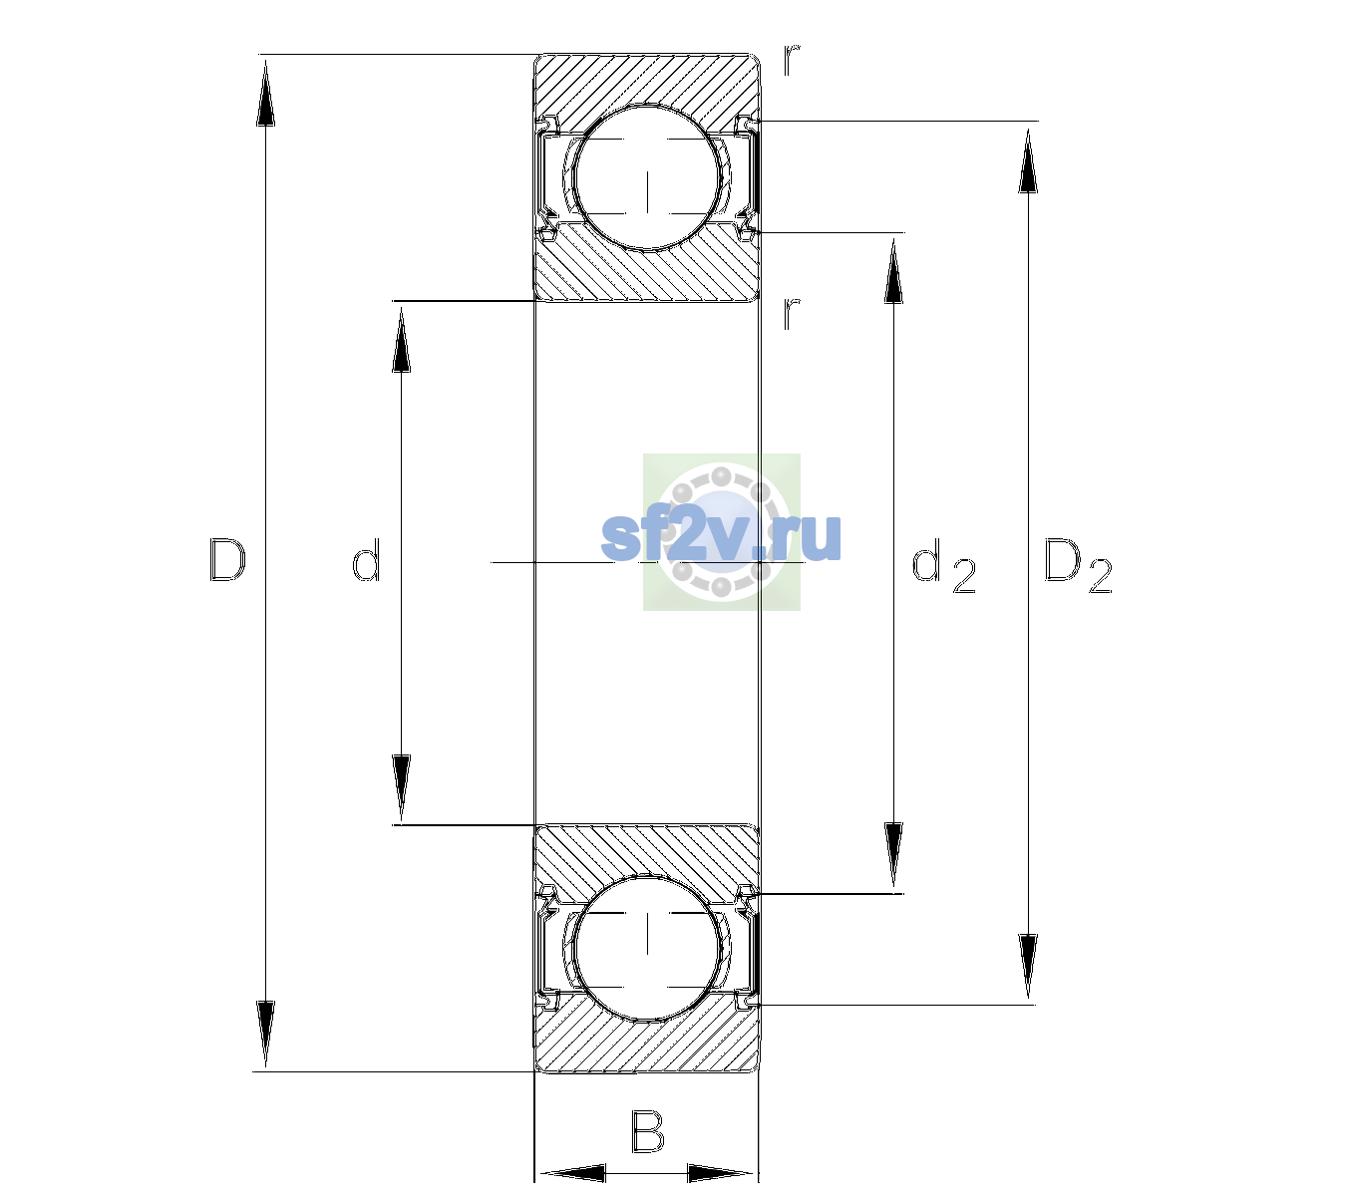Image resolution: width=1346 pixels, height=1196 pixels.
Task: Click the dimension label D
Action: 227,560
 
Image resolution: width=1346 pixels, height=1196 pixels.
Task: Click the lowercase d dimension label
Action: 366,560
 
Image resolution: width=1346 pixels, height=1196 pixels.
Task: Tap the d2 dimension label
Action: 944,565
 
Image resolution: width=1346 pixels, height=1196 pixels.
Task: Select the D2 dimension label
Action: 1078,565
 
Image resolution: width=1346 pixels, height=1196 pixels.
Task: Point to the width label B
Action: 647,1131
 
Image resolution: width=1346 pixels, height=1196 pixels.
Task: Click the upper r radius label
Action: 792,59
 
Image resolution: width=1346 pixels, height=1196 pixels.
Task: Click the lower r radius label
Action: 792,313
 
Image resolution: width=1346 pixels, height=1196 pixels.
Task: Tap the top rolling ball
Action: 648,177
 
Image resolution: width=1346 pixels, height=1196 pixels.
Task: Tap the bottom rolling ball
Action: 648,947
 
